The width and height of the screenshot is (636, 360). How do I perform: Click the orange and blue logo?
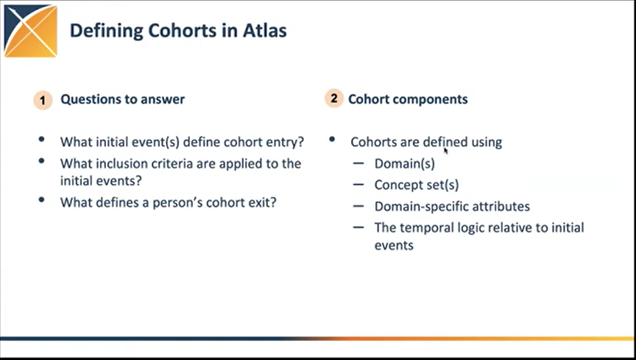[x=30, y=31]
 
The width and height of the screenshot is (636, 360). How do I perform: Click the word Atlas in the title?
[x=266, y=30]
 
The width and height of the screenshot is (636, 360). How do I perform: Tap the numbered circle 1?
[x=43, y=99]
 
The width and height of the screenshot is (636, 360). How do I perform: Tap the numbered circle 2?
[x=334, y=98]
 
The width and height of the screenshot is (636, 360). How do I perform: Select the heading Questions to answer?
[x=122, y=99]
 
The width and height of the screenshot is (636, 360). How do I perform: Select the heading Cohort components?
[x=408, y=99]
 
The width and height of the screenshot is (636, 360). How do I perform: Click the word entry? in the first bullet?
[x=283, y=141]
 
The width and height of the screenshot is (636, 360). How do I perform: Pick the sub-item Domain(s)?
[x=404, y=163]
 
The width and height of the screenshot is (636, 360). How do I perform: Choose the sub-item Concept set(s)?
[x=416, y=185]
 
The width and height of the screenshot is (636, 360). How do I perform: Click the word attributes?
[x=501, y=206]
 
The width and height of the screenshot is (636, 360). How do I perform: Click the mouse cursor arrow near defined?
[x=446, y=150]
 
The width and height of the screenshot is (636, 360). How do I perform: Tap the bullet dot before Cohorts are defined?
[x=333, y=140]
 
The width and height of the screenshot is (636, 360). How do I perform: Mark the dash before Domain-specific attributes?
[x=358, y=206]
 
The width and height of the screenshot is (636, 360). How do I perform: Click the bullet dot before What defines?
[x=43, y=200]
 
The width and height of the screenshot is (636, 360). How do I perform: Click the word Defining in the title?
[x=103, y=30]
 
